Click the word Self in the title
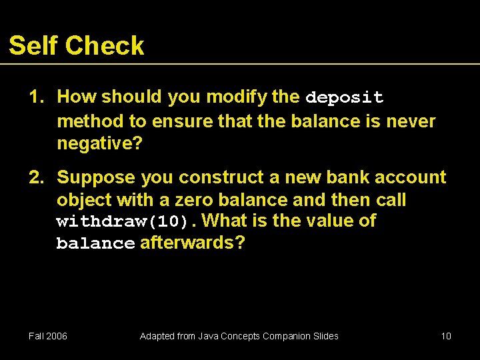33,45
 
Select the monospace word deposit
344,97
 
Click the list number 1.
35,97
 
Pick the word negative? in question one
99,143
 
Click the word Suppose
96,177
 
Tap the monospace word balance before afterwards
95,243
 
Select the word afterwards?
192,243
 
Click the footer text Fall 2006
48,336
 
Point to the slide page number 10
446,336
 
